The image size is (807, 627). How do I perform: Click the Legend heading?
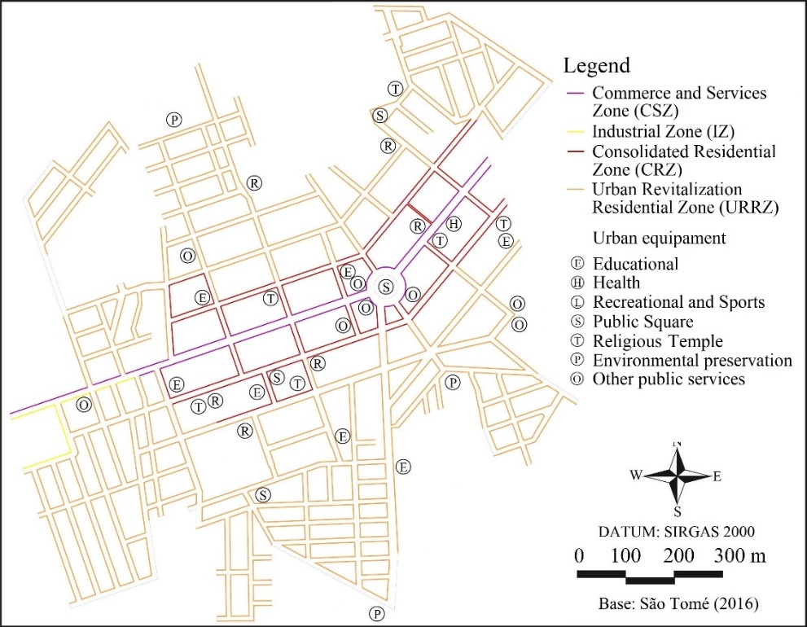tap(596, 65)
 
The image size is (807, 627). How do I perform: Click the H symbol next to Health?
tap(577, 283)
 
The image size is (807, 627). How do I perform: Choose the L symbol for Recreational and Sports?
tap(577, 303)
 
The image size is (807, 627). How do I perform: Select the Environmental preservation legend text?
tap(692, 361)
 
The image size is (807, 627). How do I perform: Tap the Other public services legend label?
tap(669, 379)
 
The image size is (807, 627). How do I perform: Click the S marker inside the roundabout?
tap(387, 286)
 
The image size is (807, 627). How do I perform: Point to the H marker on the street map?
tap(454, 223)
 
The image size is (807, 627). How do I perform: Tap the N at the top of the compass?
tap(677, 444)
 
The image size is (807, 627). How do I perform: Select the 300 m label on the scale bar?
tap(741, 557)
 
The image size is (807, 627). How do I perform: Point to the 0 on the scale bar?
tap(579, 557)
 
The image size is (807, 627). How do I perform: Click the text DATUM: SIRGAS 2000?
tap(677, 532)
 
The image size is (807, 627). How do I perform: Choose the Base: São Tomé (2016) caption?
tap(677, 604)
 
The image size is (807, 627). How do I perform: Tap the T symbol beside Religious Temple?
tap(577, 341)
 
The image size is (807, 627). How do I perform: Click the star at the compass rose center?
tap(677, 476)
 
